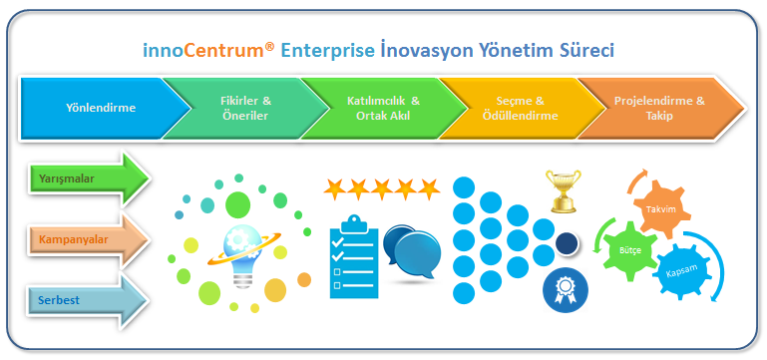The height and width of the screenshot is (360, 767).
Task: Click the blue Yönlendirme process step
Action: click(101, 108)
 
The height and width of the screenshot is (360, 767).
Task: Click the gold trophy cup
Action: click(564, 190)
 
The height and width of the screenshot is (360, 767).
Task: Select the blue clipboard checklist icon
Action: click(354, 257)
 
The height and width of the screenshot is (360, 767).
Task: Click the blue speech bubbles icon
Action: click(412, 252)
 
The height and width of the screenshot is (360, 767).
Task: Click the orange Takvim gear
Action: click(661, 209)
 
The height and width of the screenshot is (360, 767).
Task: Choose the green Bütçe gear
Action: click(629, 249)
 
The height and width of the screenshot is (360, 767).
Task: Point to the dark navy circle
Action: click(568, 243)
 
